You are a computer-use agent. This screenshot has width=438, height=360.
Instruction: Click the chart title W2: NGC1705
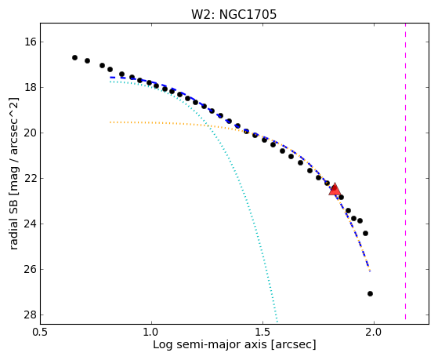(x=233, y=15)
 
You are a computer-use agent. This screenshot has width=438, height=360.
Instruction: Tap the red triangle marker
(x=335, y=189)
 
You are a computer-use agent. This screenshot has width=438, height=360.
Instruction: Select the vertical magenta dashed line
(x=405, y=172)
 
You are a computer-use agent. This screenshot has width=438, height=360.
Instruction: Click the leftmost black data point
(x=74, y=57)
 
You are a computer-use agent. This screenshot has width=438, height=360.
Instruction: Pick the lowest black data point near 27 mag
(x=370, y=293)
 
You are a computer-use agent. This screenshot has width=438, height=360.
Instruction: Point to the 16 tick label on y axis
(x=31, y=42)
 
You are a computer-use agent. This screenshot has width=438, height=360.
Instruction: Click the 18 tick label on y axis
(x=31, y=88)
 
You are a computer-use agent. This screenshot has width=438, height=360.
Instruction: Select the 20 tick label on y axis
(x=31, y=133)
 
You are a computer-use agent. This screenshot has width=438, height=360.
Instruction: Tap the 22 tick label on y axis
(x=31, y=179)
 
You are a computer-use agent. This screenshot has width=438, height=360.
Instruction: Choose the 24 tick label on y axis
(x=31, y=224)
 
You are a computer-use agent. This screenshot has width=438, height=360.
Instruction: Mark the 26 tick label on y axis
(x=31, y=269)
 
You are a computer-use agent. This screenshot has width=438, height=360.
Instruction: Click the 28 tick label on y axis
(x=31, y=315)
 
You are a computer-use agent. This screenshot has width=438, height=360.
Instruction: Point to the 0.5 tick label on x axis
(x=41, y=332)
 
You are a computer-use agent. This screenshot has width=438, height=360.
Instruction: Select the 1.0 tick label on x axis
(x=151, y=332)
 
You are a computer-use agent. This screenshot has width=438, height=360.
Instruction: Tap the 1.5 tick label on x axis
(x=262, y=332)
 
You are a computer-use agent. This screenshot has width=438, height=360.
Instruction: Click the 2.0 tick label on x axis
(x=374, y=332)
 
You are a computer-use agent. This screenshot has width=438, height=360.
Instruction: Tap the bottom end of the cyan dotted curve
(x=277, y=321)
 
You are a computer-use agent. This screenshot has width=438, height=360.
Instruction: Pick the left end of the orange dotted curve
(x=110, y=122)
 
